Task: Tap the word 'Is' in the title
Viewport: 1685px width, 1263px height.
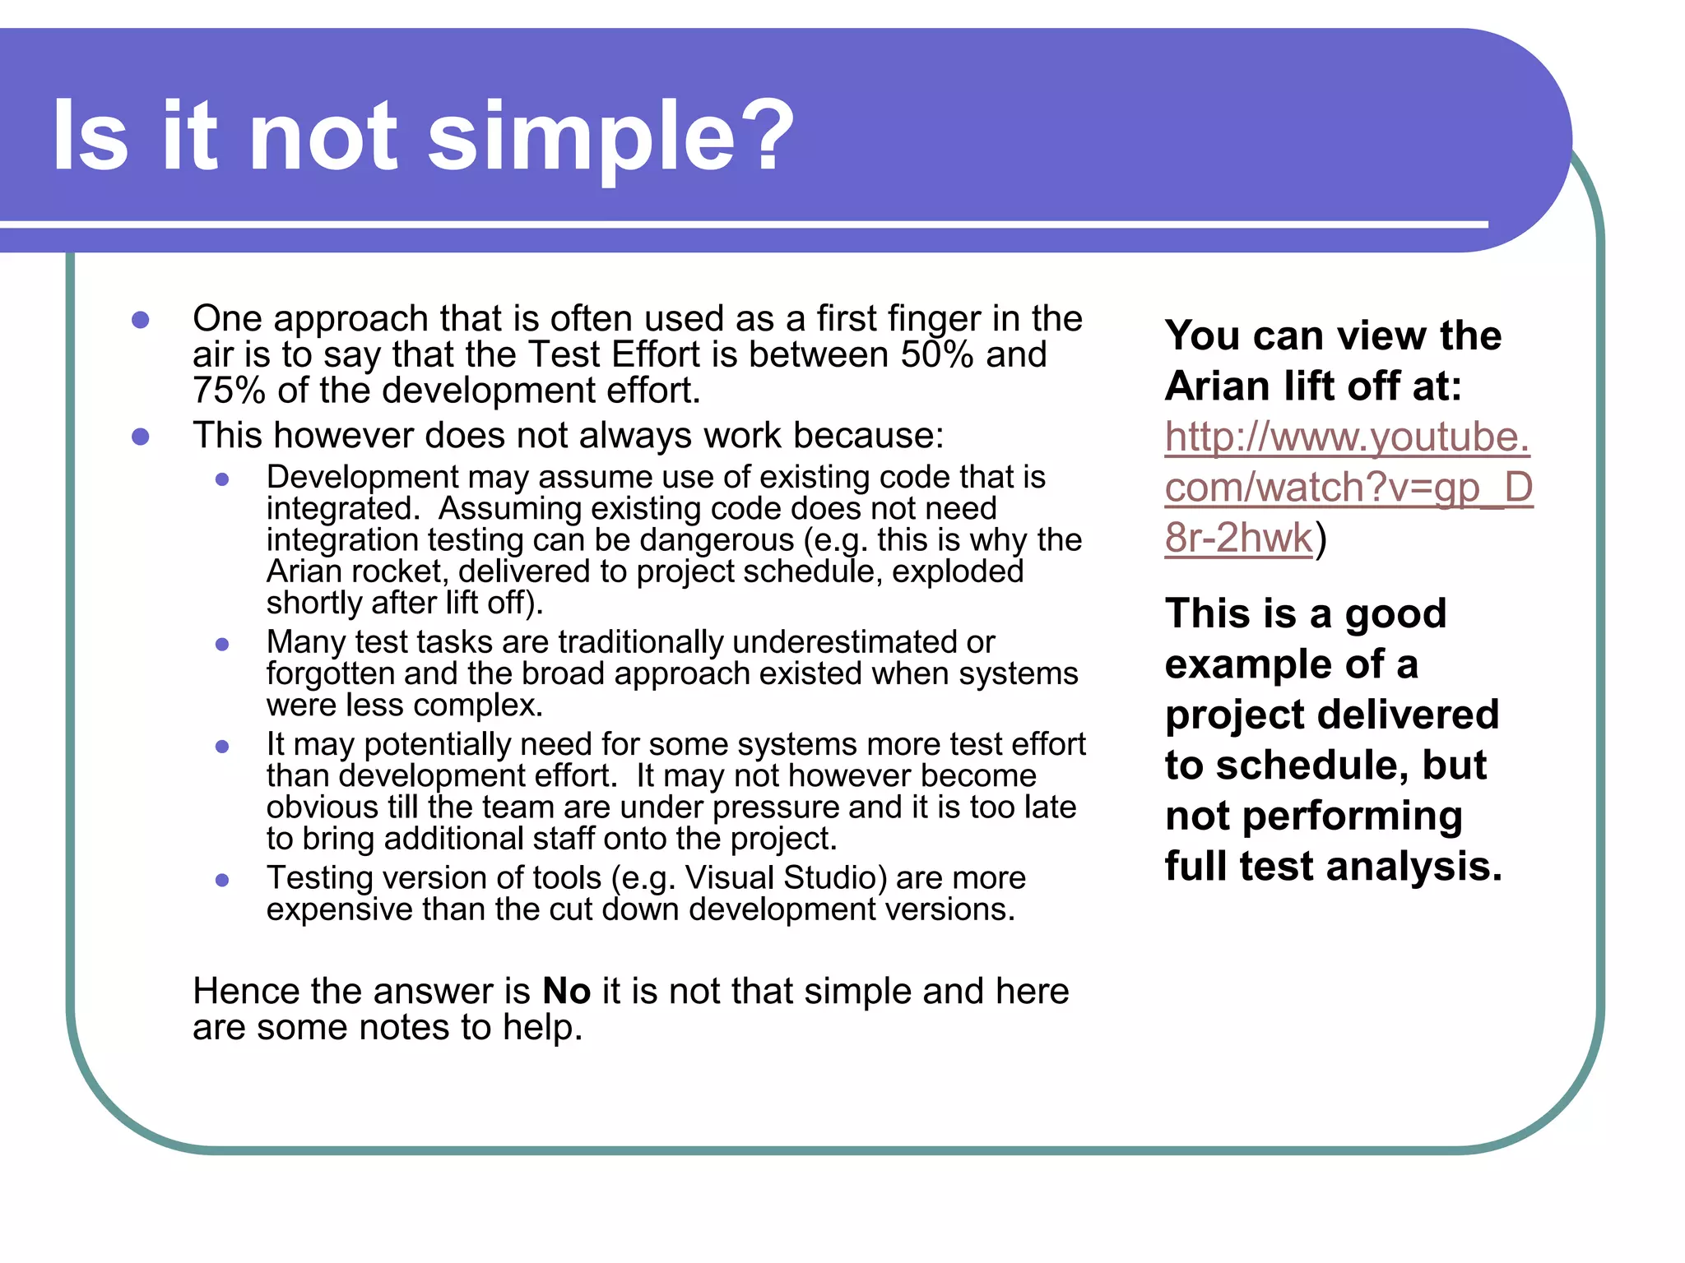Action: (x=91, y=136)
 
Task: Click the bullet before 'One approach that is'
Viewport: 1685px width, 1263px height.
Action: (x=141, y=320)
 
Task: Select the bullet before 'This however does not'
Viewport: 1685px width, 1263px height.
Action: (x=141, y=437)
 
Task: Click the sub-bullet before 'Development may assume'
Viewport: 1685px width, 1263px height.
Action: (x=222, y=479)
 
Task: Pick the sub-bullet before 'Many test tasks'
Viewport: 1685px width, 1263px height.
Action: (x=222, y=644)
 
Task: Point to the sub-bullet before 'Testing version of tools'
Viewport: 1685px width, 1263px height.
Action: (x=222, y=880)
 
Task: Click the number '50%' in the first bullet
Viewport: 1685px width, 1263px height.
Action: (x=937, y=355)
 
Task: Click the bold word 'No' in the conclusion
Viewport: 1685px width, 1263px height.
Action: (x=567, y=992)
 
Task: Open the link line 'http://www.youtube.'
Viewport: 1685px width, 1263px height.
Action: (x=1347, y=437)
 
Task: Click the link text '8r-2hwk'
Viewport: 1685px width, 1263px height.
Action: (x=1238, y=539)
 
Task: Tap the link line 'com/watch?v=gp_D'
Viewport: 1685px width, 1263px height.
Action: (x=1348, y=488)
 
